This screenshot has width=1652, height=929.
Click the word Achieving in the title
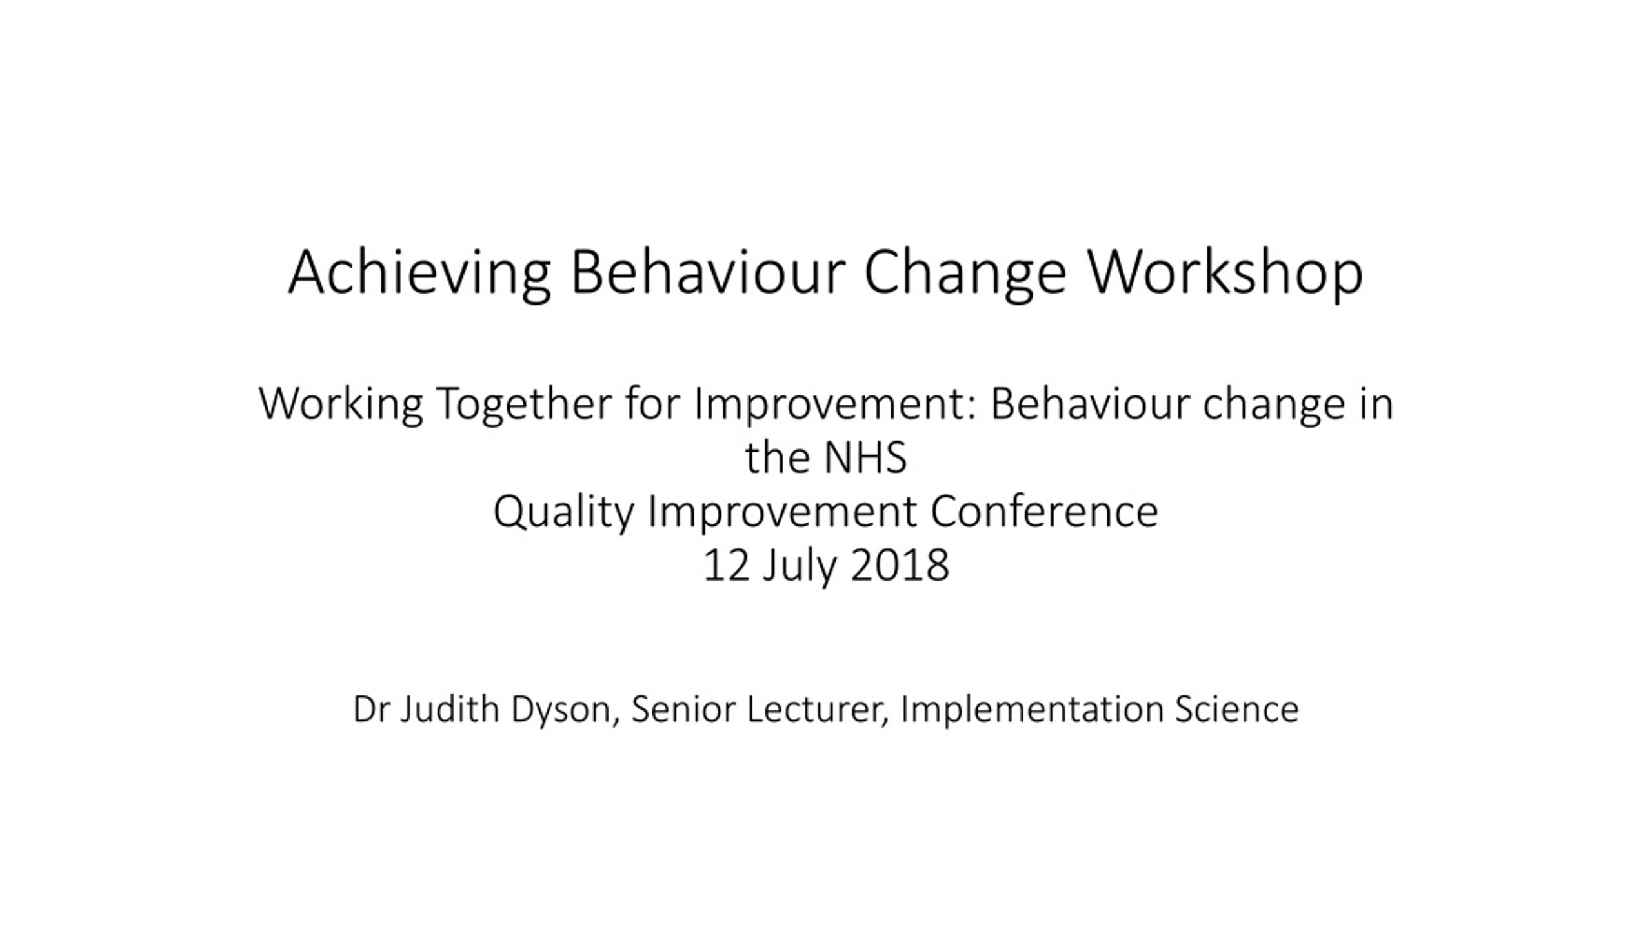coord(419,274)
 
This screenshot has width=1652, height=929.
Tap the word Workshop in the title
coord(1226,274)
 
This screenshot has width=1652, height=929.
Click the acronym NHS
coord(865,457)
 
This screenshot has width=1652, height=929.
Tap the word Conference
coord(1044,512)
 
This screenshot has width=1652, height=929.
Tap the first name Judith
coord(450,708)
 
